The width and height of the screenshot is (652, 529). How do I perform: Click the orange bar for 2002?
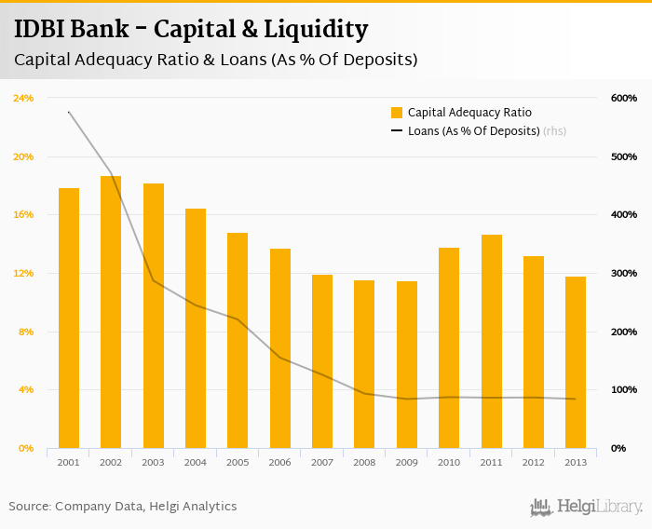pos(111,312)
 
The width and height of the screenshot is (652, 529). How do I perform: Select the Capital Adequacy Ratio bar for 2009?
pos(407,364)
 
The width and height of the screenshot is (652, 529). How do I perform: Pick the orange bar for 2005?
pos(238,340)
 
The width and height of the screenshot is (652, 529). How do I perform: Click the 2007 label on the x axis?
pos(322,462)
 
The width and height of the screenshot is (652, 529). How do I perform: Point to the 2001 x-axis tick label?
pos(68,462)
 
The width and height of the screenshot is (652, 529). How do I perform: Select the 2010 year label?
pos(449,462)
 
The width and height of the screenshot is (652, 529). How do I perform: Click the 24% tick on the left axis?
pos(23,98)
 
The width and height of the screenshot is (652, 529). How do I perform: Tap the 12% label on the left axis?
pos(23,273)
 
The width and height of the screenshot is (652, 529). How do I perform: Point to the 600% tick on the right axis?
pos(623,98)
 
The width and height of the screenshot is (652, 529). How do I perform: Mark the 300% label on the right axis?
pos(623,273)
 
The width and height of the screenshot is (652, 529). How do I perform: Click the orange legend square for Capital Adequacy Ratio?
pos(397,113)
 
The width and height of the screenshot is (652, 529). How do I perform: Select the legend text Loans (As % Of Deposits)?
pos(474,131)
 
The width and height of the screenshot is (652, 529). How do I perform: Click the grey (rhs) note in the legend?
pos(554,131)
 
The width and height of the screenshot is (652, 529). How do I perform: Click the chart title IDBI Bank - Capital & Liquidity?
pos(191,29)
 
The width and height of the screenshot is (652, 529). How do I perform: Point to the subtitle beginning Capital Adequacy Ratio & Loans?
pos(215,59)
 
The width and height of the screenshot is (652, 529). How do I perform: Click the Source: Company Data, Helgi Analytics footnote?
pos(123,507)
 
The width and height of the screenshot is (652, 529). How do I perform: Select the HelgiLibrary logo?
pos(587,507)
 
